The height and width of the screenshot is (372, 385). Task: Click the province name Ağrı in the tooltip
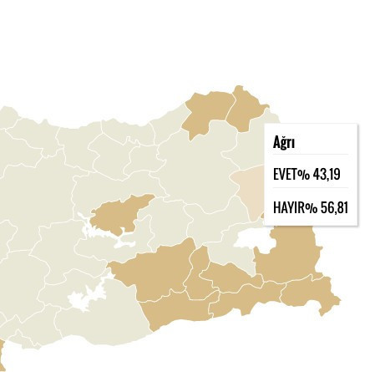click(x=284, y=143)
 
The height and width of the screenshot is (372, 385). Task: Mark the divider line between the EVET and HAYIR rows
click(x=311, y=191)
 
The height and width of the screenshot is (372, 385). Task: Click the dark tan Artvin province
click(x=209, y=114)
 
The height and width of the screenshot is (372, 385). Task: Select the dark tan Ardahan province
click(x=248, y=107)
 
